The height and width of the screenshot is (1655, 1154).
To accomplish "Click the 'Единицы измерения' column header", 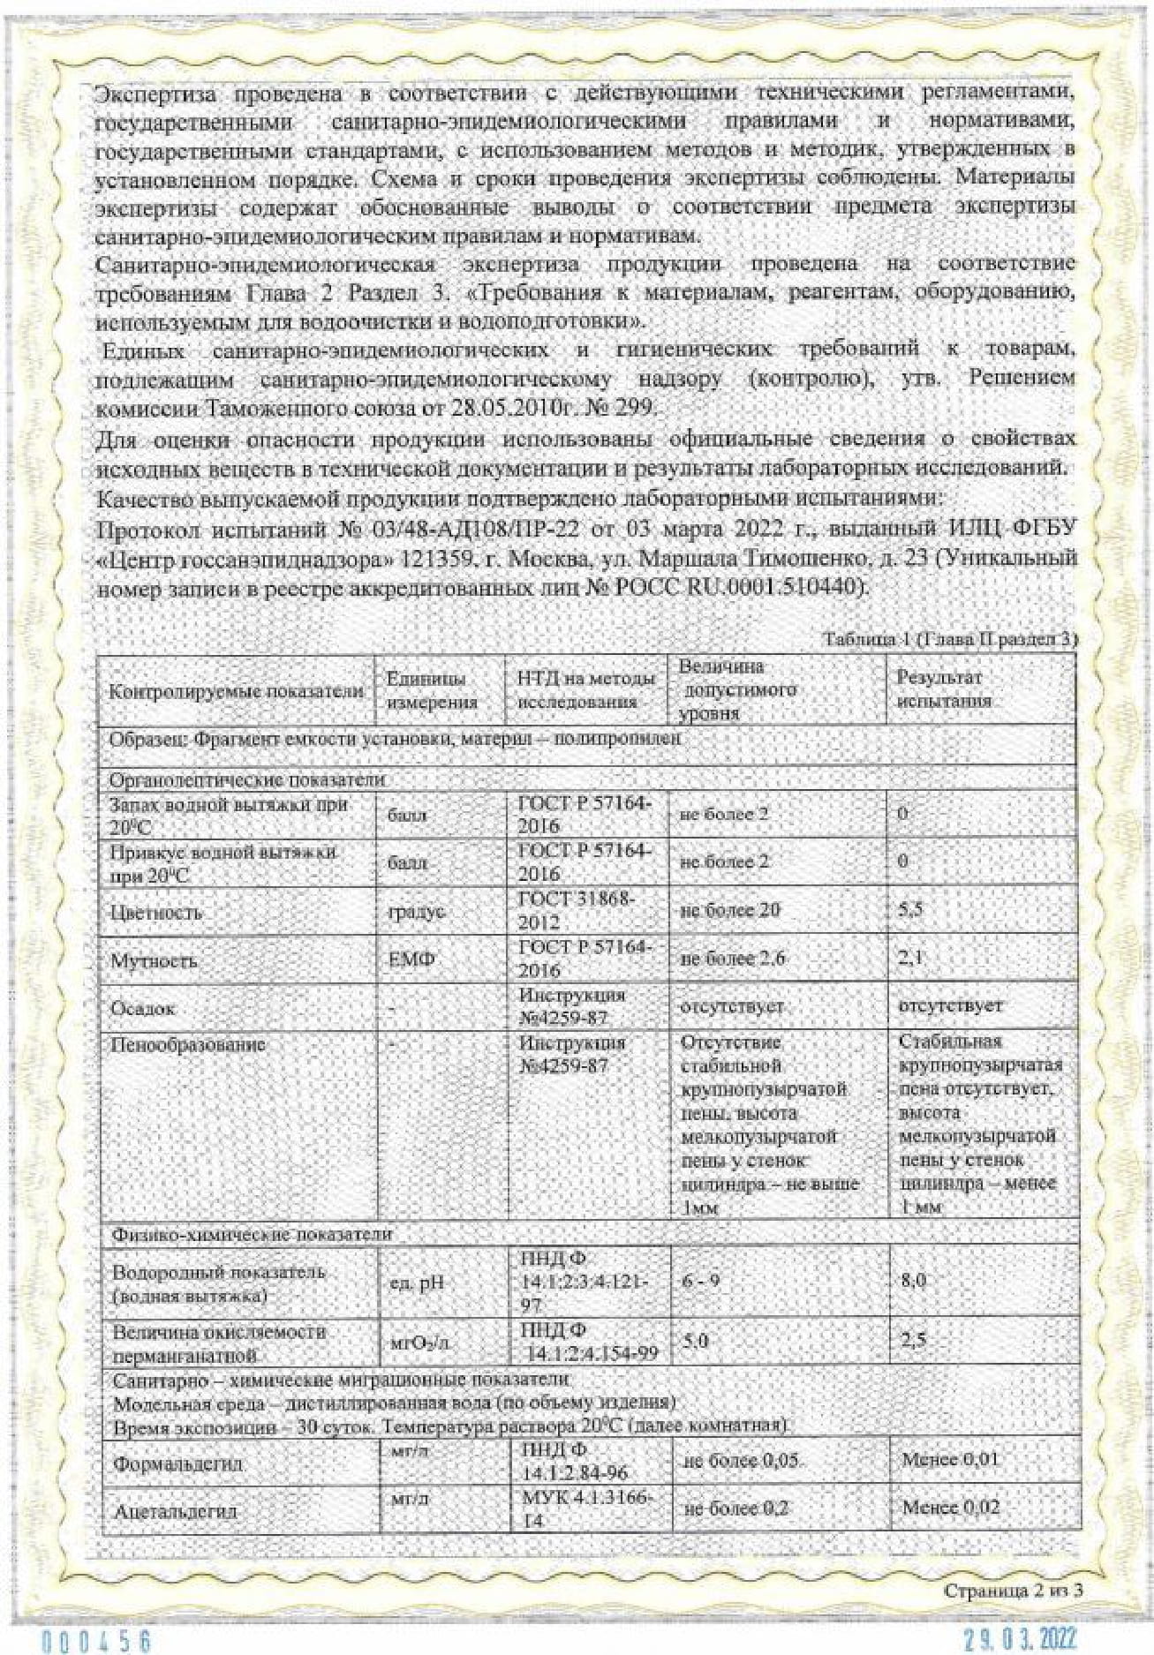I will coord(433,690).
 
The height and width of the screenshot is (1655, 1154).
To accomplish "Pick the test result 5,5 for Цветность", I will coord(910,909).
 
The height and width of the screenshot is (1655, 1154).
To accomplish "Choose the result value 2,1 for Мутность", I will coord(910,957).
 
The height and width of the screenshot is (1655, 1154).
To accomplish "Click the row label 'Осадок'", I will coord(142,1008).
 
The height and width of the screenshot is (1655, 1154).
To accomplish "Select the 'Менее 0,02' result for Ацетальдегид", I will coord(950,1508).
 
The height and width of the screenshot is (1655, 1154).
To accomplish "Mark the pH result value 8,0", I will coord(913,1280).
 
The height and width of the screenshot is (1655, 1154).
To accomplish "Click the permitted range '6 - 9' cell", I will coord(700,1280).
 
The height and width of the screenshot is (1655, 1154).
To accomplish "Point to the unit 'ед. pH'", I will coord(417,1283).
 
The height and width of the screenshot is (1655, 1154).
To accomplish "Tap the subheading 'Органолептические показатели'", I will coord(247,779).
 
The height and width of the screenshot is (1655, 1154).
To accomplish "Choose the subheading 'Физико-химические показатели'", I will coord(252,1233).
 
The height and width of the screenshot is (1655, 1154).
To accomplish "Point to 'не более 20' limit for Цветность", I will coord(730,910).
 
